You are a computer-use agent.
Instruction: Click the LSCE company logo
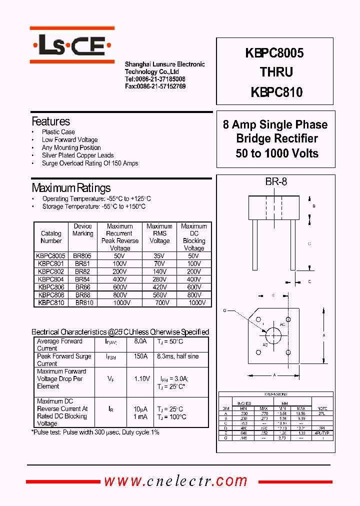pyautogui.click(x=72, y=48)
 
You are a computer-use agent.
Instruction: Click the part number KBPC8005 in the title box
pyautogui.click(x=274, y=52)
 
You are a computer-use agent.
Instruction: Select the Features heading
pyautogui.click(x=50, y=121)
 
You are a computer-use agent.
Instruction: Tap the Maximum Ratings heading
pyautogui.click(x=71, y=188)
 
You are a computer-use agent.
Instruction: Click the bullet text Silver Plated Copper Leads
pyautogui.click(x=77, y=155)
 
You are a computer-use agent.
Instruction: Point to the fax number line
pyautogui.click(x=155, y=86)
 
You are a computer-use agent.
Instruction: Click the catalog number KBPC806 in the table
pyautogui.click(x=51, y=288)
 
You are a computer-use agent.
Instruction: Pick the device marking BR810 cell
pyautogui.click(x=83, y=302)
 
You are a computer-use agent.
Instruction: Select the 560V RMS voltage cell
pyautogui.click(x=159, y=295)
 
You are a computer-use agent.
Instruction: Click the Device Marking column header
pyautogui.click(x=83, y=230)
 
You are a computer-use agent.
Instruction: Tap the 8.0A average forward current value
pyautogui.click(x=140, y=341)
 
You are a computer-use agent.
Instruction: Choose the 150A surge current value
pyautogui.click(x=140, y=356)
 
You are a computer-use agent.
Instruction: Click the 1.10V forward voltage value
pyautogui.click(x=141, y=379)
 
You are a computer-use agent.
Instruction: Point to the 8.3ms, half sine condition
pyautogui.click(x=177, y=356)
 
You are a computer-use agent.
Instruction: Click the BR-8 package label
pyautogui.click(x=276, y=182)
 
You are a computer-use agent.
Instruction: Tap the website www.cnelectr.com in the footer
pyautogui.click(x=175, y=481)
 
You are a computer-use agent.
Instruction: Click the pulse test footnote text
pyautogui.click(x=95, y=432)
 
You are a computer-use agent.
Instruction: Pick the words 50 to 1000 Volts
pyautogui.click(x=277, y=153)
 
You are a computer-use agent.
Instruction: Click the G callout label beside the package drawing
pyautogui.click(x=225, y=310)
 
